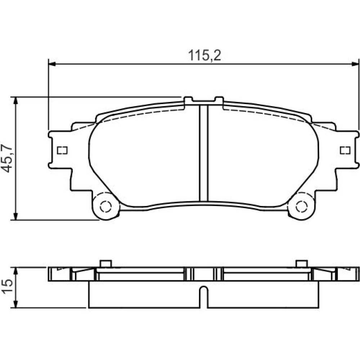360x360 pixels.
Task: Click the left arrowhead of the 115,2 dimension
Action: pos(52,64)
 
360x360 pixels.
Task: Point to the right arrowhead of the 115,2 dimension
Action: pos(355,64)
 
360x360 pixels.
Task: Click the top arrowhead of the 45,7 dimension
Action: pos(15,100)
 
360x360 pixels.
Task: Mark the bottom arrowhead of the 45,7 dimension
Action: pos(15,216)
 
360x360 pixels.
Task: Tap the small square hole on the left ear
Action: pos(62,150)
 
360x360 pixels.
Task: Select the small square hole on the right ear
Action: pos(345,150)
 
